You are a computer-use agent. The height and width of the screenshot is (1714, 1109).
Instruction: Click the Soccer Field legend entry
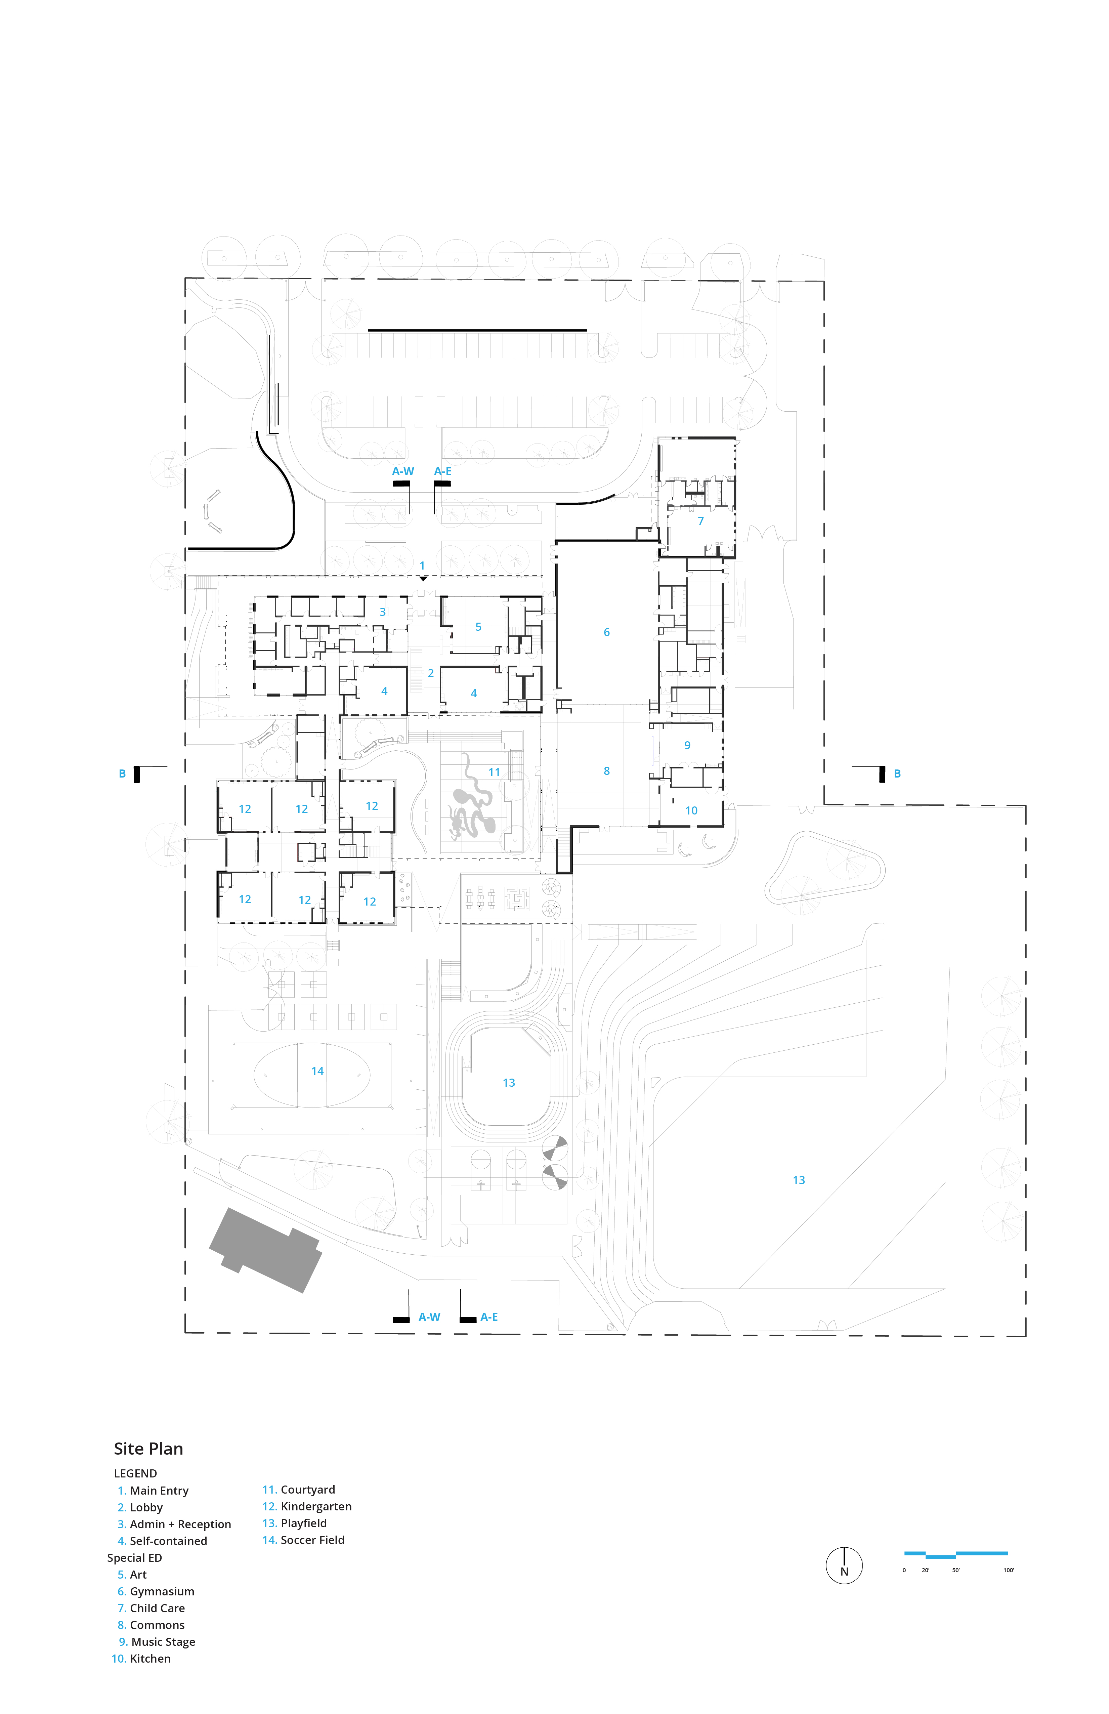pyautogui.click(x=303, y=1540)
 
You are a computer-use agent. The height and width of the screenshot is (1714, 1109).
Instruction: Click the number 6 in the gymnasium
pyautogui.click(x=606, y=632)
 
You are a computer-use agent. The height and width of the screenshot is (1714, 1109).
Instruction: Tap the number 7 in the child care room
pyautogui.click(x=701, y=521)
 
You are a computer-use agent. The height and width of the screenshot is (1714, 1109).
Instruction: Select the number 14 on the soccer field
pyautogui.click(x=317, y=1071)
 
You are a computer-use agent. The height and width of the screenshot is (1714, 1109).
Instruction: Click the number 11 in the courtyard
pyautogui.click(x=494, y=772)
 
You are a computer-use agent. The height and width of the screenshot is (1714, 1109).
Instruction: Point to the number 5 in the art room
pyautogui.click(x=478, y=627)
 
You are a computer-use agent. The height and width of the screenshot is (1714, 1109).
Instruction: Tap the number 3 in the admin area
pyautogui.click(x=382, y=612)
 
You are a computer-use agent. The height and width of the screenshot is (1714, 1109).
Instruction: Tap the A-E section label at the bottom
pyautogui.click(x=489, y=1316)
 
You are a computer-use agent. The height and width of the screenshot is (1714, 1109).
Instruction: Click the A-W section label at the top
pyautogui.click(x=403, y=471)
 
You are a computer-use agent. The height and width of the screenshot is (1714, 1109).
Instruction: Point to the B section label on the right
pyautogui.click(x=897, y=774)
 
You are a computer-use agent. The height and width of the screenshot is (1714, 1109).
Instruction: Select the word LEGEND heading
pyautogui.click(x=135, y=1473)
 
